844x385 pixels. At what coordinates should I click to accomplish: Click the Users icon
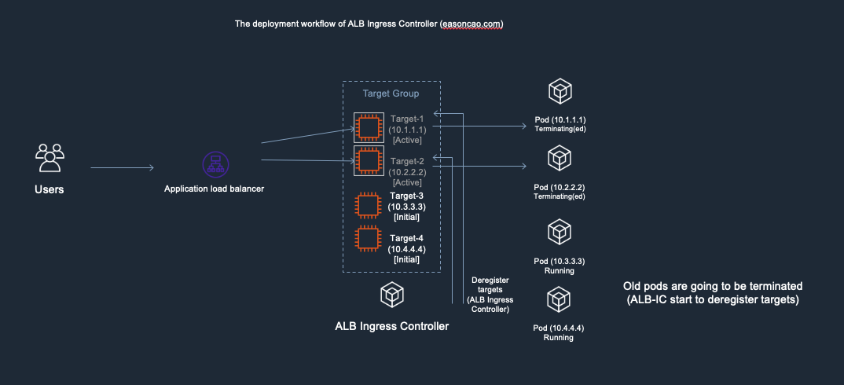(x=50, y=158)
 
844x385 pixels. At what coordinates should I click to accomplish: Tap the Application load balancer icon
(x=215, y=164)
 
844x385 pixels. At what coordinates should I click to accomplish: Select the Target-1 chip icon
(x=367, y=128)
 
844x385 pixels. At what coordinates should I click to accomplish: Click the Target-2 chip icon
(x=367, y=160)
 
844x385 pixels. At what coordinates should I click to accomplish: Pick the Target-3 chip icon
(x=367, y=206)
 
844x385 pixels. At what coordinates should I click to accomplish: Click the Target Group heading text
(x=391, y=93)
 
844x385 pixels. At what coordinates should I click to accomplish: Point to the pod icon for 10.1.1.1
(x=559, y=92)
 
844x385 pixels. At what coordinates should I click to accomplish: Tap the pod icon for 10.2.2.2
(x=559, y=160)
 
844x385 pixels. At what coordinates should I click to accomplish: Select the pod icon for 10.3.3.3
(x=559, y=233)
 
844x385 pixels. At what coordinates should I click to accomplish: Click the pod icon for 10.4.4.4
(x=559, y=299)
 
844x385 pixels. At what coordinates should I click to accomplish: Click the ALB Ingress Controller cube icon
(x=391, y=295)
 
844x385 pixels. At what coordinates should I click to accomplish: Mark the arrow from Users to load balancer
(x=122, y=167)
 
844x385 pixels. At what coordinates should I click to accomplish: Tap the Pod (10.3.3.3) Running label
(x=559, y=265)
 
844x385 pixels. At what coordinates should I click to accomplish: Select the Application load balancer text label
(x=215, y=189)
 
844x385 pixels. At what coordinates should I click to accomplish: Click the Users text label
(x=50, y=189)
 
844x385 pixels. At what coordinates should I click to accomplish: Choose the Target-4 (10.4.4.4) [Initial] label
(x=406, y=248)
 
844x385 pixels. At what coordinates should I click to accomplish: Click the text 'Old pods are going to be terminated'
(x=713, y=286)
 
